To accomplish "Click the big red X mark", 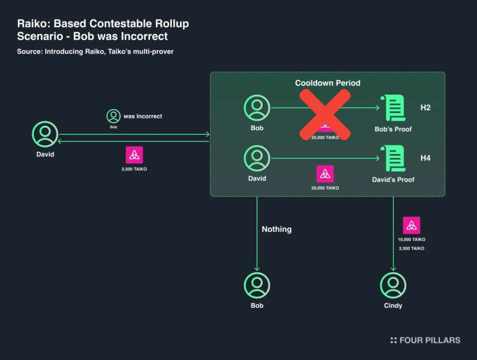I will (x=325, y=114).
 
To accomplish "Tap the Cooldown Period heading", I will (x=327, y=83).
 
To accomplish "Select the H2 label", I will (x=425, y=107).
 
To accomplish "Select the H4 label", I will (x=425, y=158).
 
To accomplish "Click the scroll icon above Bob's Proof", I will (x=392, y=107).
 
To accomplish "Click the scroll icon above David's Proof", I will (x=392, y=158).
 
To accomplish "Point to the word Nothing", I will (x=276, y=229).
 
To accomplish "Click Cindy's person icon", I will (x=393, y=285).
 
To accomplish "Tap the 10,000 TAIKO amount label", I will (x=411, y=239).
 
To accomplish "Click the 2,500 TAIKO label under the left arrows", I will (x=134, y=169).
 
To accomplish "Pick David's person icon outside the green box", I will (x=45, y=133).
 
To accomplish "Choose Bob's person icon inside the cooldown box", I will (x=257, y=107).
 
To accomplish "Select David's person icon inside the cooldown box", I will (x=257, y=158).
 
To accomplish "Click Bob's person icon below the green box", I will (x=257, y=285).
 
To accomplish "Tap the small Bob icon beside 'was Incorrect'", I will (x=113, y=116).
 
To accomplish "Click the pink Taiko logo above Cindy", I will (x=411, y=225).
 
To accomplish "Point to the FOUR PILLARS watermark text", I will (x=429, y=340).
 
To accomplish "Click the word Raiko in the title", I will (x=31, y=23).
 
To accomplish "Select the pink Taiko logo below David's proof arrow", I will (x=325, y=173).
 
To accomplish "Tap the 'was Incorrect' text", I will (x=143, y=116).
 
